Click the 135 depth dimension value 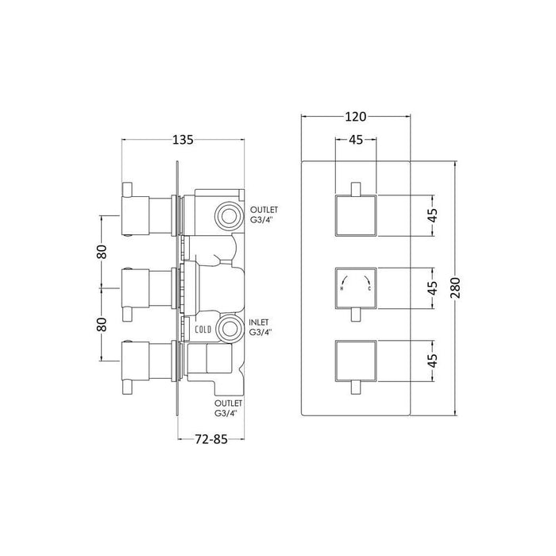coord(183,140)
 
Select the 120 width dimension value coord(356,117)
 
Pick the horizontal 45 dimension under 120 coord(357,141)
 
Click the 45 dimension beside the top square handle coord(433,215)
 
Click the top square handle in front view coord(357,215)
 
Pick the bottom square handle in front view coord(357,358)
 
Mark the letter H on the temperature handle coord(342,288)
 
